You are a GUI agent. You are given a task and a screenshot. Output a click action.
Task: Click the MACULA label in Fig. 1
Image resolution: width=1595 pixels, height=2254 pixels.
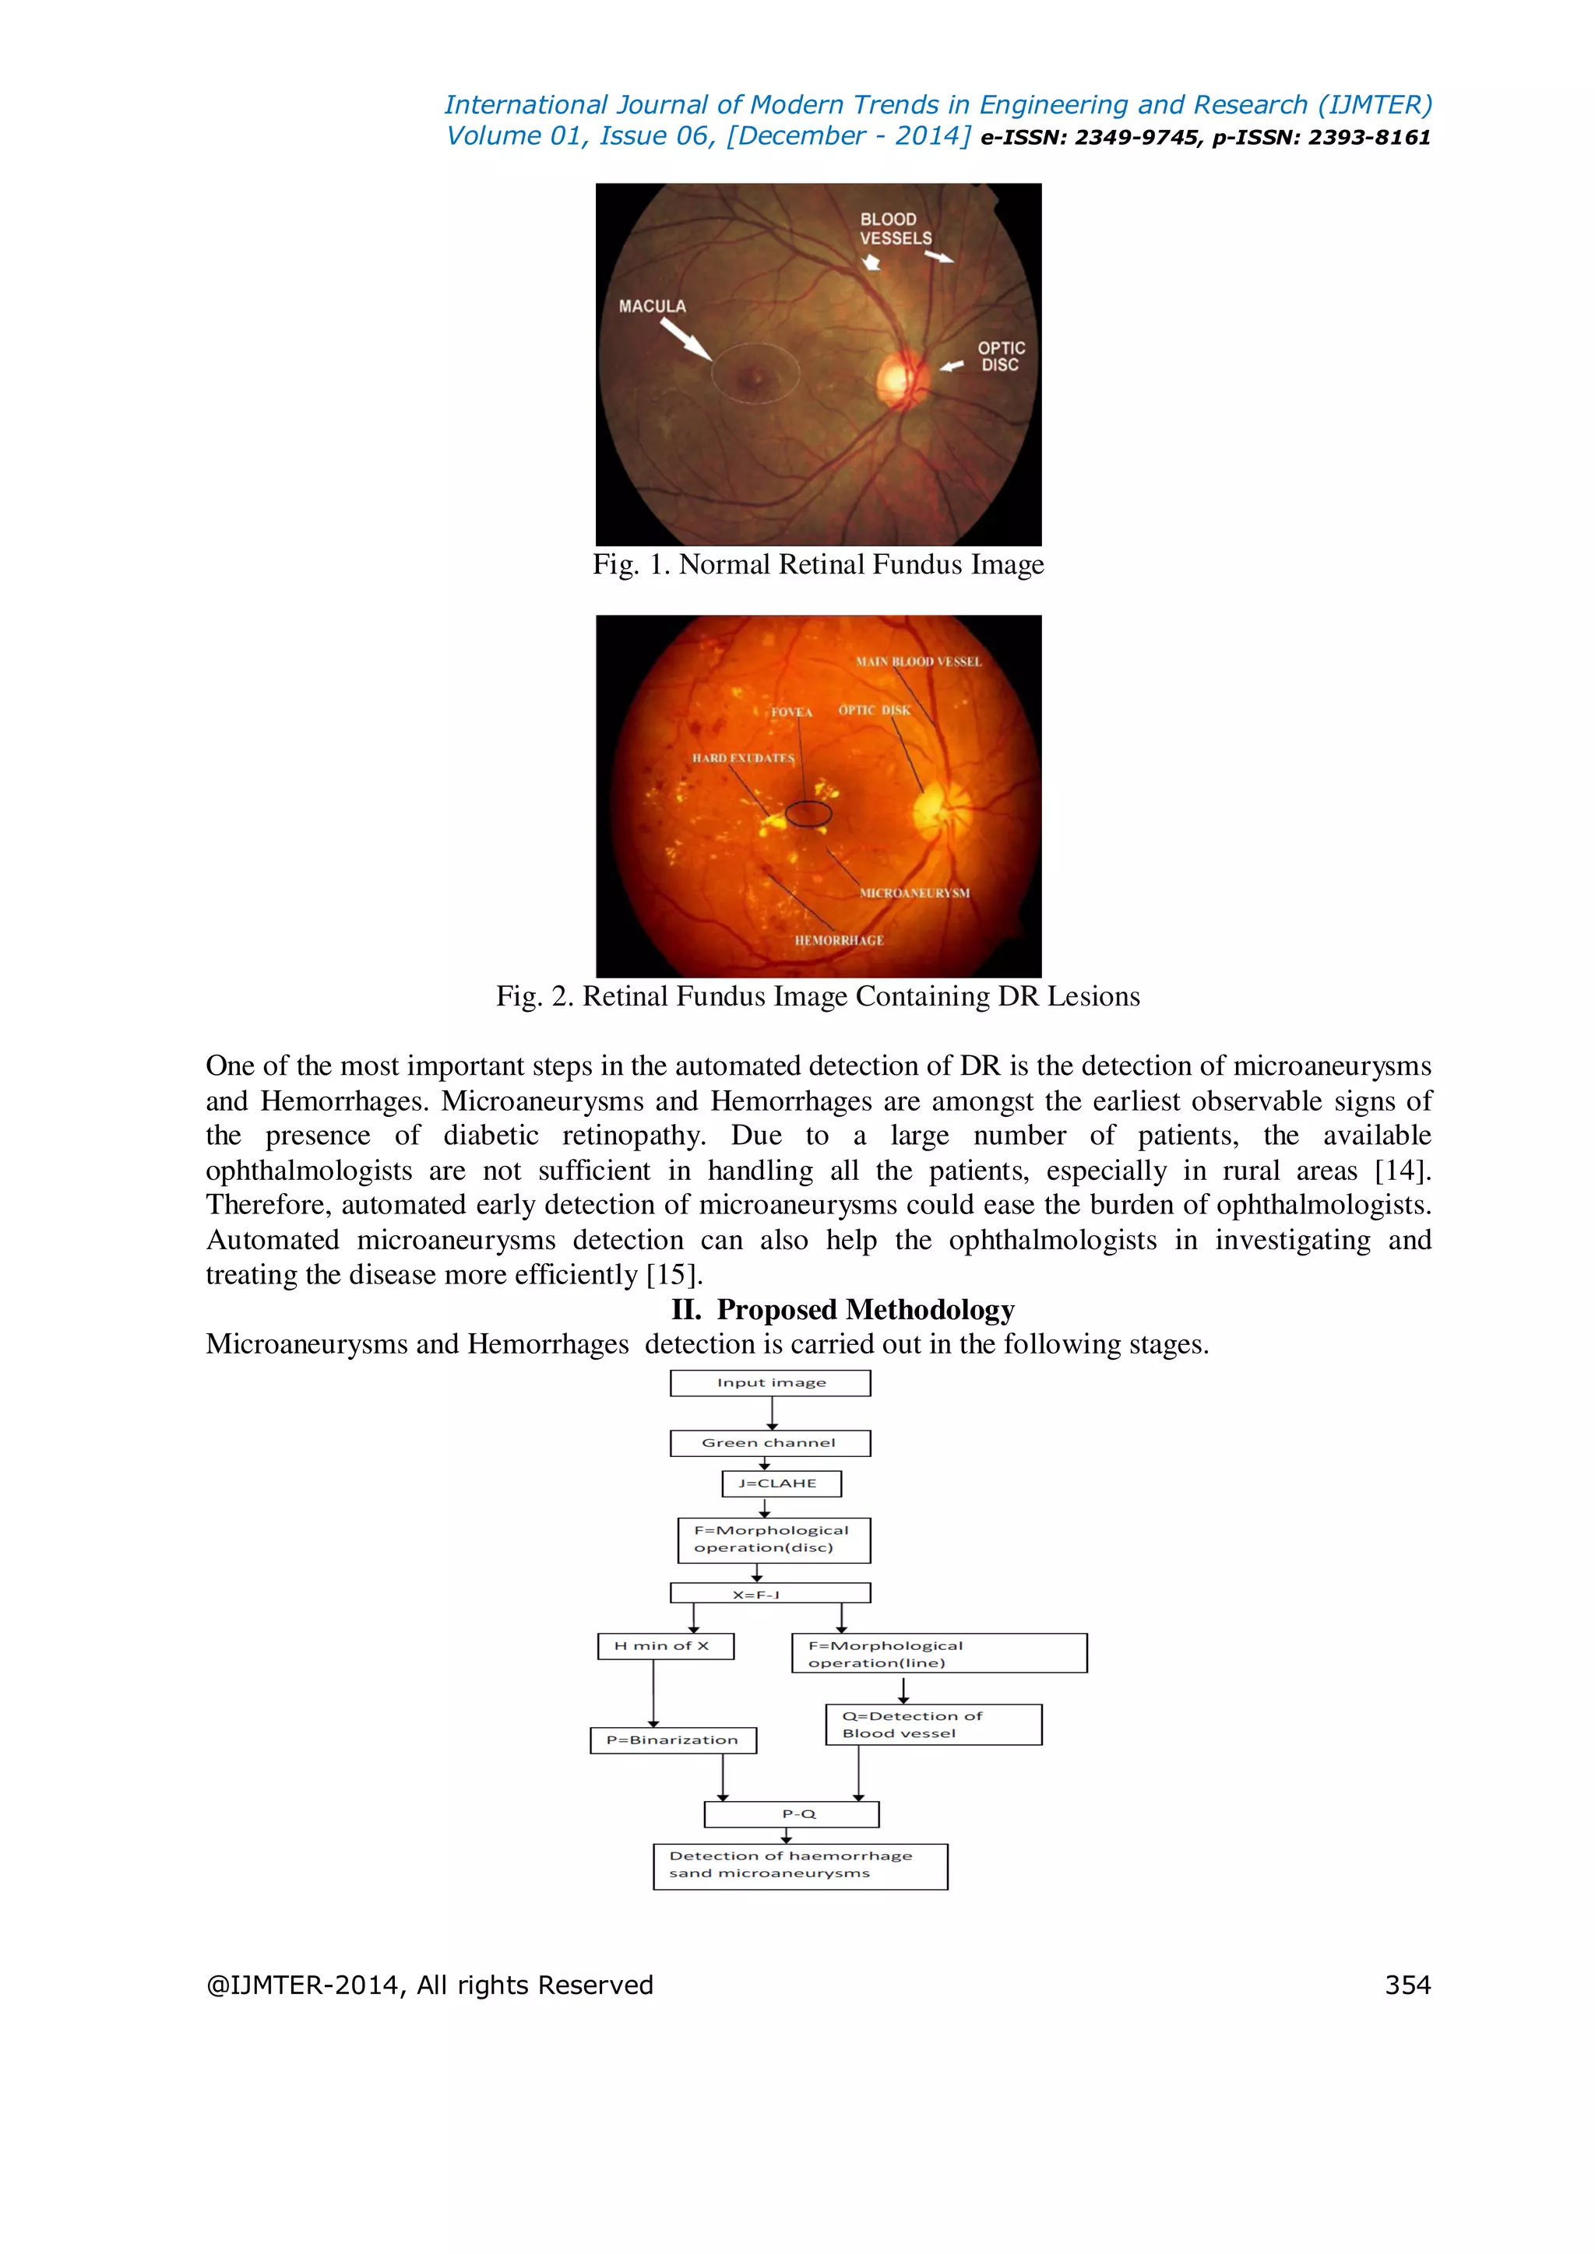pos(652,307)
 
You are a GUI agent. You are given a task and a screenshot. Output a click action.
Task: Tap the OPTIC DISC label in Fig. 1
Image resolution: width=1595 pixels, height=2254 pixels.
pos(1001,356)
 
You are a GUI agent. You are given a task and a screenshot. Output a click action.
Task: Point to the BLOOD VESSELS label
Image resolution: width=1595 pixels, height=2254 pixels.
pos(895,229)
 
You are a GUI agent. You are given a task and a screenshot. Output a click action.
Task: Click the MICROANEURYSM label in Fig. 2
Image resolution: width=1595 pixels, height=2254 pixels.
pos(914,894)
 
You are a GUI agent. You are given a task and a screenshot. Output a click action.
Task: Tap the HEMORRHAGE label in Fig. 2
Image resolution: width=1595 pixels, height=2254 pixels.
pos(839,940)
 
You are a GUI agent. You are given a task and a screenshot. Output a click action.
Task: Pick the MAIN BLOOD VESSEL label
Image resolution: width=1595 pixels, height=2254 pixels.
pos(918,662)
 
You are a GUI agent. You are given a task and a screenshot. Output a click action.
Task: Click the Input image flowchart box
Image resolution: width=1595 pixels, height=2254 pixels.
pos(771,1383)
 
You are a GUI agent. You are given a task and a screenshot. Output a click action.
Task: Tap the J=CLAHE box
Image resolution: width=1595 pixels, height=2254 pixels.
pos(781,1483)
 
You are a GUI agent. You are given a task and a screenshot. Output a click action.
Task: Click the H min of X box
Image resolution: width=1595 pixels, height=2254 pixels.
pos(665,1646)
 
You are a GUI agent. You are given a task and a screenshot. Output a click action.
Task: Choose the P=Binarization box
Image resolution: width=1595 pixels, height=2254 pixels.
pos(673,1740)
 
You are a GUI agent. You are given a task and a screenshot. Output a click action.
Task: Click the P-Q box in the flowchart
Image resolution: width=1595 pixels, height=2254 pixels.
pos(791,1814)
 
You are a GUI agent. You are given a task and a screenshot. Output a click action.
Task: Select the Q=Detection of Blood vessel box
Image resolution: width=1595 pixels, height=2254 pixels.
pos(933,1725)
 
